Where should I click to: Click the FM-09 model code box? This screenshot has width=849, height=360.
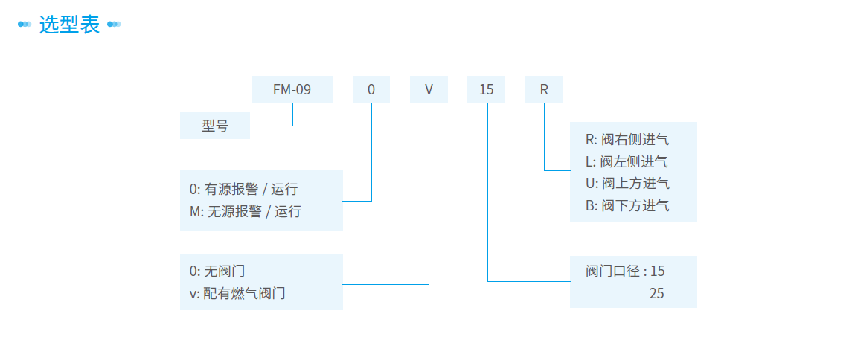pos(292,90)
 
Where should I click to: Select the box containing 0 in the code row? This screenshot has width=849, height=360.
pos(371,90)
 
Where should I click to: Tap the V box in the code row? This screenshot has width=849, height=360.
pos(429,90)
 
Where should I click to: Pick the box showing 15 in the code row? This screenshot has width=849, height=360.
pos(486,90)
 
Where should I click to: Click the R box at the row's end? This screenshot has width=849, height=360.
pos(544,90)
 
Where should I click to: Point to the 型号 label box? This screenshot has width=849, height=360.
pos(215,126)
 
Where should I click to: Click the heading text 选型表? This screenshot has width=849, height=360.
pos(69,25)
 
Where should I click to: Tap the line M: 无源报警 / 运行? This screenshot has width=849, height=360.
pos(246,211)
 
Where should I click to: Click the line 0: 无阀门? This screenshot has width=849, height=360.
pos(217,271)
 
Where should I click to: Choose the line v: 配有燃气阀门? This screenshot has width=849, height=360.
pos(237,293)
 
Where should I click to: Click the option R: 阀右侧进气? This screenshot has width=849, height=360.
pos(627,139)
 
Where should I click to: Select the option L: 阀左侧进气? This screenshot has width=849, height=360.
pos(627,161)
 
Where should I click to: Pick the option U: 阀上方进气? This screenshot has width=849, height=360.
pos(627,183)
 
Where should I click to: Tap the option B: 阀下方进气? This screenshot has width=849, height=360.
pos(627,205)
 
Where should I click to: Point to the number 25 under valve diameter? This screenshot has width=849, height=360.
pos(656,293)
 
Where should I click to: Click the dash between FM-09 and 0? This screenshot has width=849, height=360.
pos(342,90)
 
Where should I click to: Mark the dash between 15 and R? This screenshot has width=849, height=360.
pos(515,90)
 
